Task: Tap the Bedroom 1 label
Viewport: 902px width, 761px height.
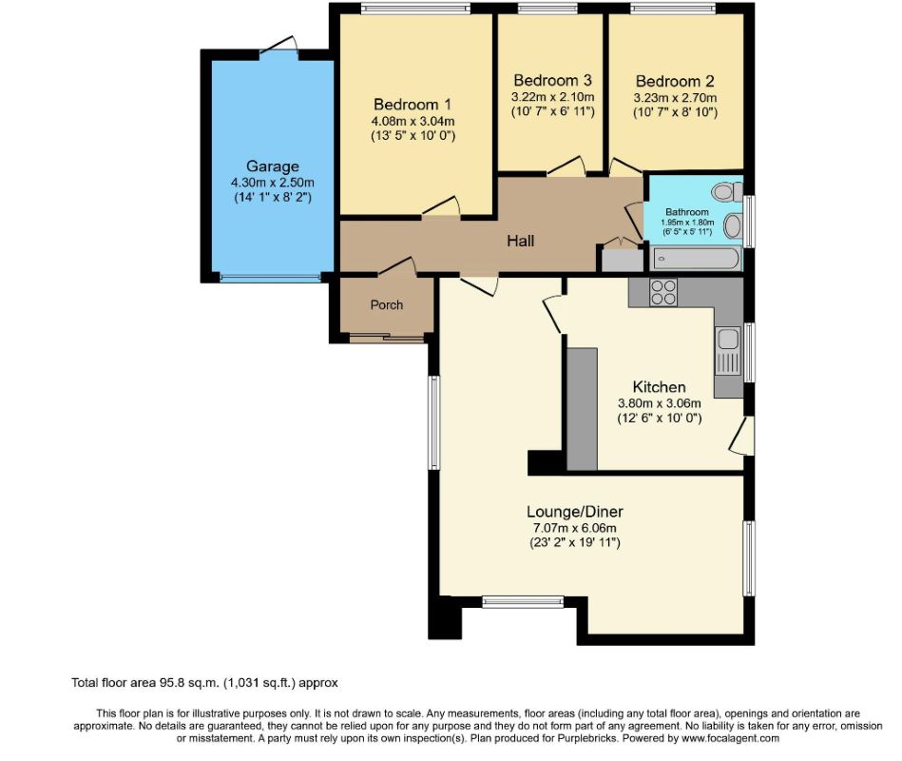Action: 413,105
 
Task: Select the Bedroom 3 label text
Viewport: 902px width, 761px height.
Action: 552,80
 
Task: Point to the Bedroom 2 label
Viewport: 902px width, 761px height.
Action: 675,81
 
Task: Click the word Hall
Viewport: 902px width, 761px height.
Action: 520,241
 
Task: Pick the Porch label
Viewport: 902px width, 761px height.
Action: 387,305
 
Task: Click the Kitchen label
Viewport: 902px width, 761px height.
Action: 659,387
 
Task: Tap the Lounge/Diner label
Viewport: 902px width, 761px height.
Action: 576,511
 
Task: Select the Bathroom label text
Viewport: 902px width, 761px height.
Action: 686,211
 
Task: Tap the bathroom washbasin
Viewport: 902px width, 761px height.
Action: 733,226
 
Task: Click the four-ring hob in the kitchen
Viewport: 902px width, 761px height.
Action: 663,292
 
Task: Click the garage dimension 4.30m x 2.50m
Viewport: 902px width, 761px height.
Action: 272,183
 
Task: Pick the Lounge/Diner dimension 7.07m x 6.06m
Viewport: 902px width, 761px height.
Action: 576,528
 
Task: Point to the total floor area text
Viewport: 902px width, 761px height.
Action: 204,682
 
